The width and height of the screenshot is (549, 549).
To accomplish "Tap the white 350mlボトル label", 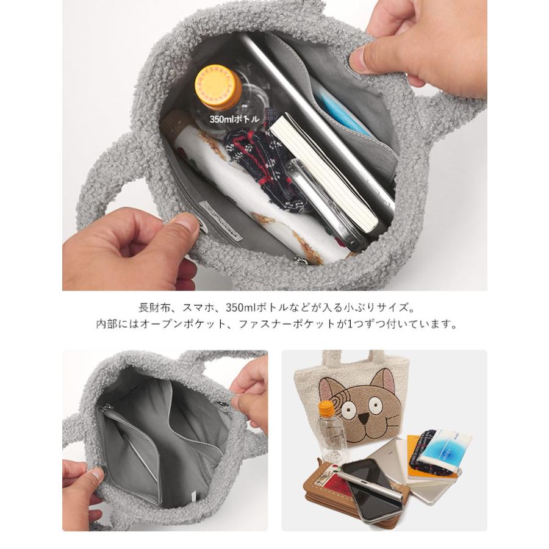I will (x=234, y=119).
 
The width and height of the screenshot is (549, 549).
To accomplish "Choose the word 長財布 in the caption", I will (x=152, y=307).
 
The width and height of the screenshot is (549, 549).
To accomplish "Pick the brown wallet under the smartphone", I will (x=323, y=488).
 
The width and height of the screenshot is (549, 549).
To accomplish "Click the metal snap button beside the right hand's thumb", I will (x=234, y=401).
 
